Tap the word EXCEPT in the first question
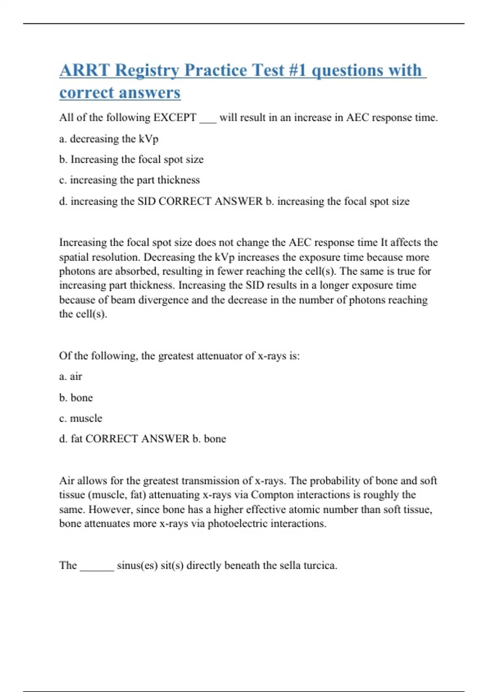pyautogui.click(x=175, y=118)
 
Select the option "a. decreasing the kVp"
pyautogui.click(x=109, y=139)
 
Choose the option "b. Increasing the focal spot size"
pyautogui.click(x=131, y=160)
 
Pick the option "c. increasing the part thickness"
pyautogui.click(x=129, y=180)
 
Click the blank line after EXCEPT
pyautogui.click(x=208, y=120)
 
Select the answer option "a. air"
pyautogui.click(x=70, y=377)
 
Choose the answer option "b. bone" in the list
pyautogui.click(x=76, y=398)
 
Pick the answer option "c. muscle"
pyautogui.click(x=81, y=418)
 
